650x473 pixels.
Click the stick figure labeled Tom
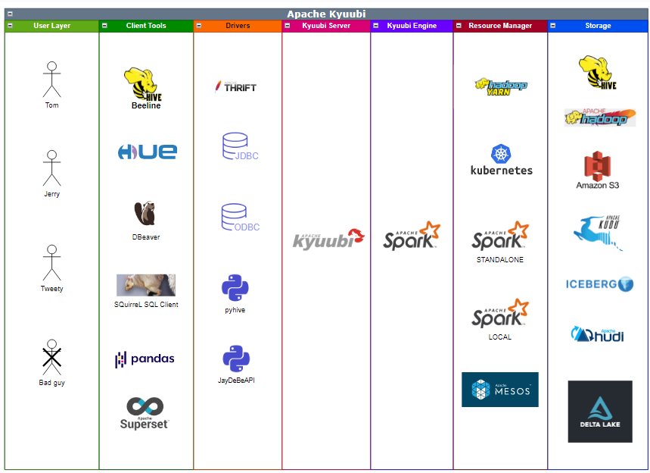click(51, 80)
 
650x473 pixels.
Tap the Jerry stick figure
click(51, 168)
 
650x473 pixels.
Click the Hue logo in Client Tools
click(147, 152)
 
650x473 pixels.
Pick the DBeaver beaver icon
click(145, 214)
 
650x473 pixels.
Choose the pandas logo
click(145, 359)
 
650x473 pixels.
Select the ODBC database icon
click(235, 217)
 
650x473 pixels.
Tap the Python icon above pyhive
click(235, 288)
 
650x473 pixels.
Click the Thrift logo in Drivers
click(235, 86)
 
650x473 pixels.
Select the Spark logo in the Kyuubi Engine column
click(411, 236)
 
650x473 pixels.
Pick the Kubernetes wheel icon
click(501, 154)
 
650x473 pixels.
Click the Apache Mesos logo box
click(500, 390)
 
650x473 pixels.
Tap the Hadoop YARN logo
click(501, 86)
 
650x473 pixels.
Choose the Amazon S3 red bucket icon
click(597, 165)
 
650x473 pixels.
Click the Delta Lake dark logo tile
click(600, 412)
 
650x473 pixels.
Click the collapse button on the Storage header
click(552, 26)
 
